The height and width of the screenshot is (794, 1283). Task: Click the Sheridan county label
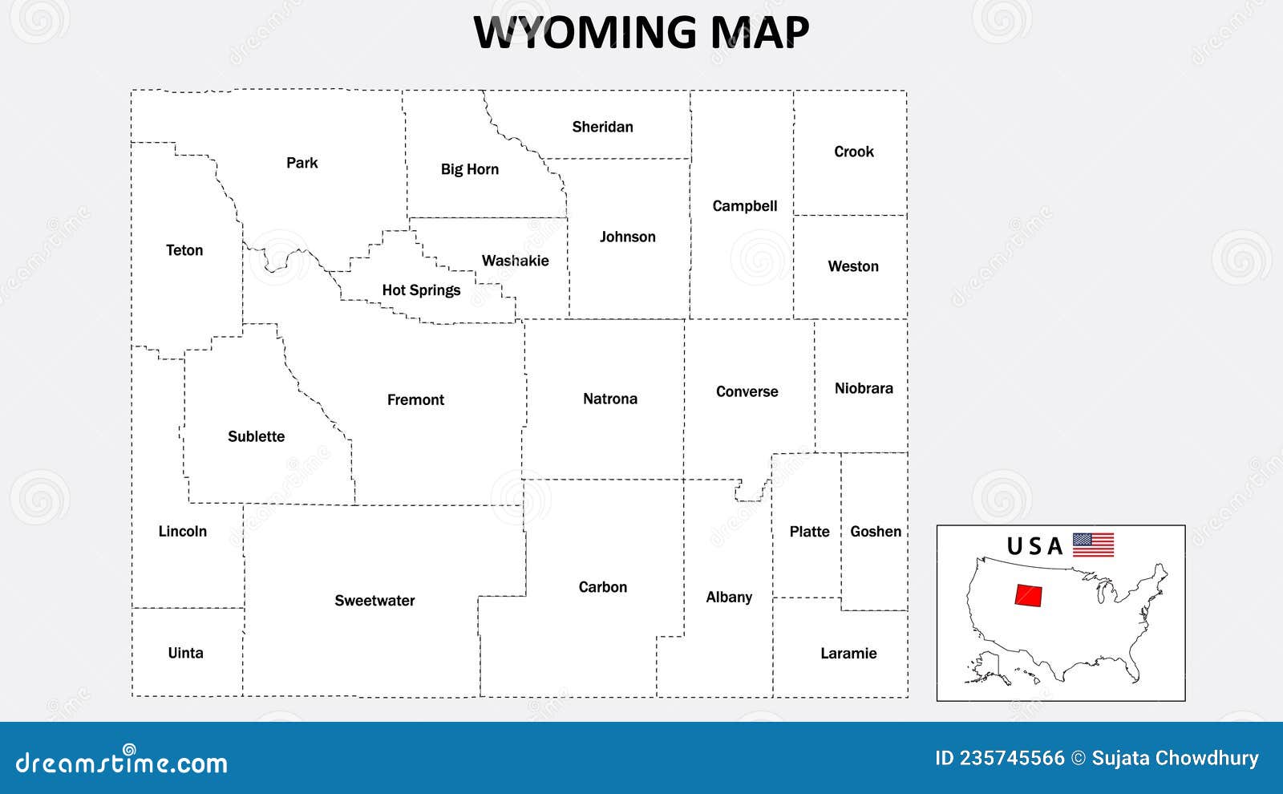click(x=602, y=127)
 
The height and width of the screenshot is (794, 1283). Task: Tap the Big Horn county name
click(x=470, y=169)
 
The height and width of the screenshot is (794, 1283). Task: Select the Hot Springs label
click(x=421, y=290)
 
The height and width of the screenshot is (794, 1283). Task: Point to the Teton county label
click(x=184, y=250)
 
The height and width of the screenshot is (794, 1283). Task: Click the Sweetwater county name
click(x=374, y=601)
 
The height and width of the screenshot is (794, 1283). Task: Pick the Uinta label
click(x=185, y=653)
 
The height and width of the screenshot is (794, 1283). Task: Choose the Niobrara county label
click(x=864, y=388)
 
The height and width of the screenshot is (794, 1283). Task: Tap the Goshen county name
click(x=876, y=532)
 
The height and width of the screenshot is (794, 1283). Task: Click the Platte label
click(x=809, y=532)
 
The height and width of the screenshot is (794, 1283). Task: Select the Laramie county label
click(x=848, y=654)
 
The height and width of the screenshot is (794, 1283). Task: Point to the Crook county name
click(x=853, y=152)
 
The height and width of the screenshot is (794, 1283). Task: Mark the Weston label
click(x=853, y=266)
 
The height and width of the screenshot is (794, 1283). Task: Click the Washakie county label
click(x=515, y=261)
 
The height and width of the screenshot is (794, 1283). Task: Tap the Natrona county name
click(x=610, y=399)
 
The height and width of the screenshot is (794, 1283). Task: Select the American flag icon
click(x=1093, y=545)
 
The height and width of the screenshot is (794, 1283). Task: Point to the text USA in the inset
click(x=1034, y=547)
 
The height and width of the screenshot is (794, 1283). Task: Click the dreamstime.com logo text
click(x=122, y=762)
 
